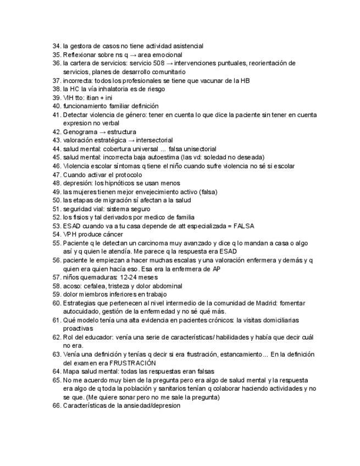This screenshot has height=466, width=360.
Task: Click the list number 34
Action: pyautogui.click(x=56, y=46)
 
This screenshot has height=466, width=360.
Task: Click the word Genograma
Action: pyautogui.click(x=79, y=132)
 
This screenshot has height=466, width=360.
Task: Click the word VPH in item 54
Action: pyautogui.click(x=70, y=235)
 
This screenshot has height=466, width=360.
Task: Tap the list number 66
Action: pyautogui.click(x=56, y=406)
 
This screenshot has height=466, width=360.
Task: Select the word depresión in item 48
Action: pyautogui.click(x=76, y=183)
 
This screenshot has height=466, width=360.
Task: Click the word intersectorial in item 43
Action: pyautogui.click(x=153, y=140)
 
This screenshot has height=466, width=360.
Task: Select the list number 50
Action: pyautogui.click(x=56, y=201)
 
